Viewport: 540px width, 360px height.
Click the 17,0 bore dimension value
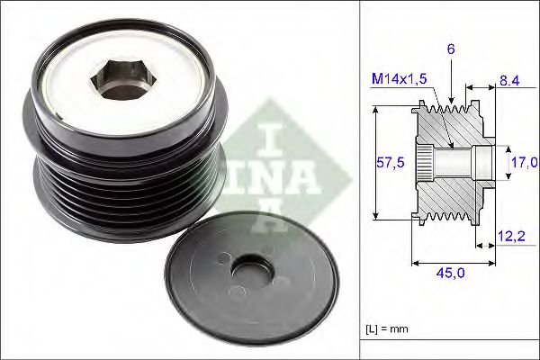pos(525,163)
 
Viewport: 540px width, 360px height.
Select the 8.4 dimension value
pos(509,80)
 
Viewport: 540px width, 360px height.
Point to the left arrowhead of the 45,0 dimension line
pos(415,265)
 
